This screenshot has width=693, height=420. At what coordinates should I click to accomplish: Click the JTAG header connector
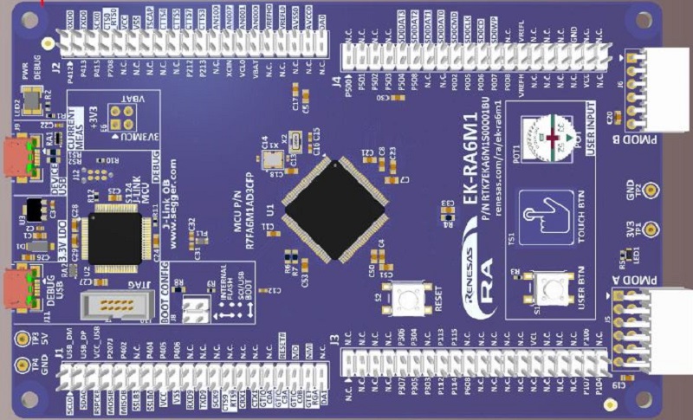click(111, 305)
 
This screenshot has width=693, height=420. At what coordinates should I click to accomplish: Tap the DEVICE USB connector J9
click(19, 157)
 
